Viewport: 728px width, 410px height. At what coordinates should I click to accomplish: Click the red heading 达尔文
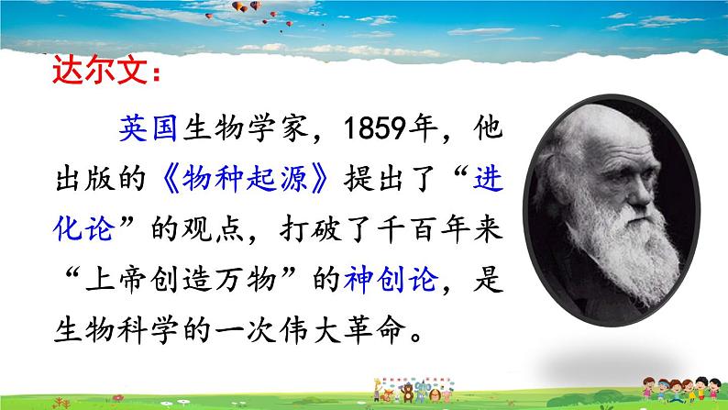[x=100, y=70]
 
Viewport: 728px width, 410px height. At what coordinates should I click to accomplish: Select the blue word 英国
[x=149, y=127]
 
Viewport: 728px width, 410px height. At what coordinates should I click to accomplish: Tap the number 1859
[x=375, y=128]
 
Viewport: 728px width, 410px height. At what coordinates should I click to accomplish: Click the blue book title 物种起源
[x=245, y=178]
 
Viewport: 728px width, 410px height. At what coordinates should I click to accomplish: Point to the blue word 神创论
[x=391, y=279]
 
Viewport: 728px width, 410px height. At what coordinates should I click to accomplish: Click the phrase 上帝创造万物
[x=181, y=279]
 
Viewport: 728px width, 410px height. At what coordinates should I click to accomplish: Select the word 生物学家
[x=246, y=127]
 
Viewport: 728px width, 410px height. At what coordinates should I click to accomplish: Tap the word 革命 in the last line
[x=375, y=329]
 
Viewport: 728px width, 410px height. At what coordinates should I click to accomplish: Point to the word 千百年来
[x=440, y=228]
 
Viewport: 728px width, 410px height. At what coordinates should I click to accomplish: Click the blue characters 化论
[x=83, y=228]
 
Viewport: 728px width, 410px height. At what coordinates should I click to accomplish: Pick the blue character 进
[x=488, y=178]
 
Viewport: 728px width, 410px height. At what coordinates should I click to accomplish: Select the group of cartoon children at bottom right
[x=681, y=389]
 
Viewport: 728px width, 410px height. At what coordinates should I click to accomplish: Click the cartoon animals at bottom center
[x=414, y=390]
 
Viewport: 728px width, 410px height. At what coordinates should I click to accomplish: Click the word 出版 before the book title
[x=84, y=178]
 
